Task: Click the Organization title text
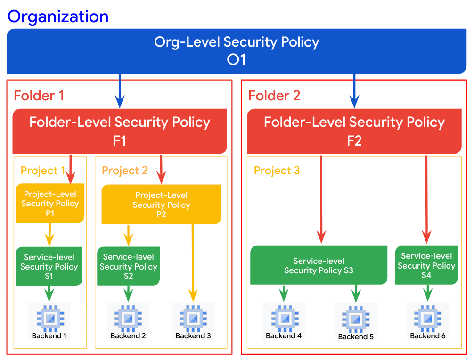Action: (58, 16)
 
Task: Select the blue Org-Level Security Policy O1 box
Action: (237, 51)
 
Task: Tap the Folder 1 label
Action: (39, 96)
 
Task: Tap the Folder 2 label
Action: (274, 96)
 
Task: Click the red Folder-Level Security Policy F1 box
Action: (120, 131)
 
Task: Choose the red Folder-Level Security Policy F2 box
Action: (354, 131)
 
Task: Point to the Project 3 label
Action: (277, 170)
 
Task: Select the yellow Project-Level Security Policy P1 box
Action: (50, 204)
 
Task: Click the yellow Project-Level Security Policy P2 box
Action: (161, 205)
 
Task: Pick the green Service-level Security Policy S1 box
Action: (49, 267)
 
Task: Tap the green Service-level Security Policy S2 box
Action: (128, 267)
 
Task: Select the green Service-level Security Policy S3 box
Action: (319, 266)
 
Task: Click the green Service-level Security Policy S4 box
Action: (426, 266)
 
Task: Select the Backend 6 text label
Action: (427, 336)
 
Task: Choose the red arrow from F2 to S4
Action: (426, 198)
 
